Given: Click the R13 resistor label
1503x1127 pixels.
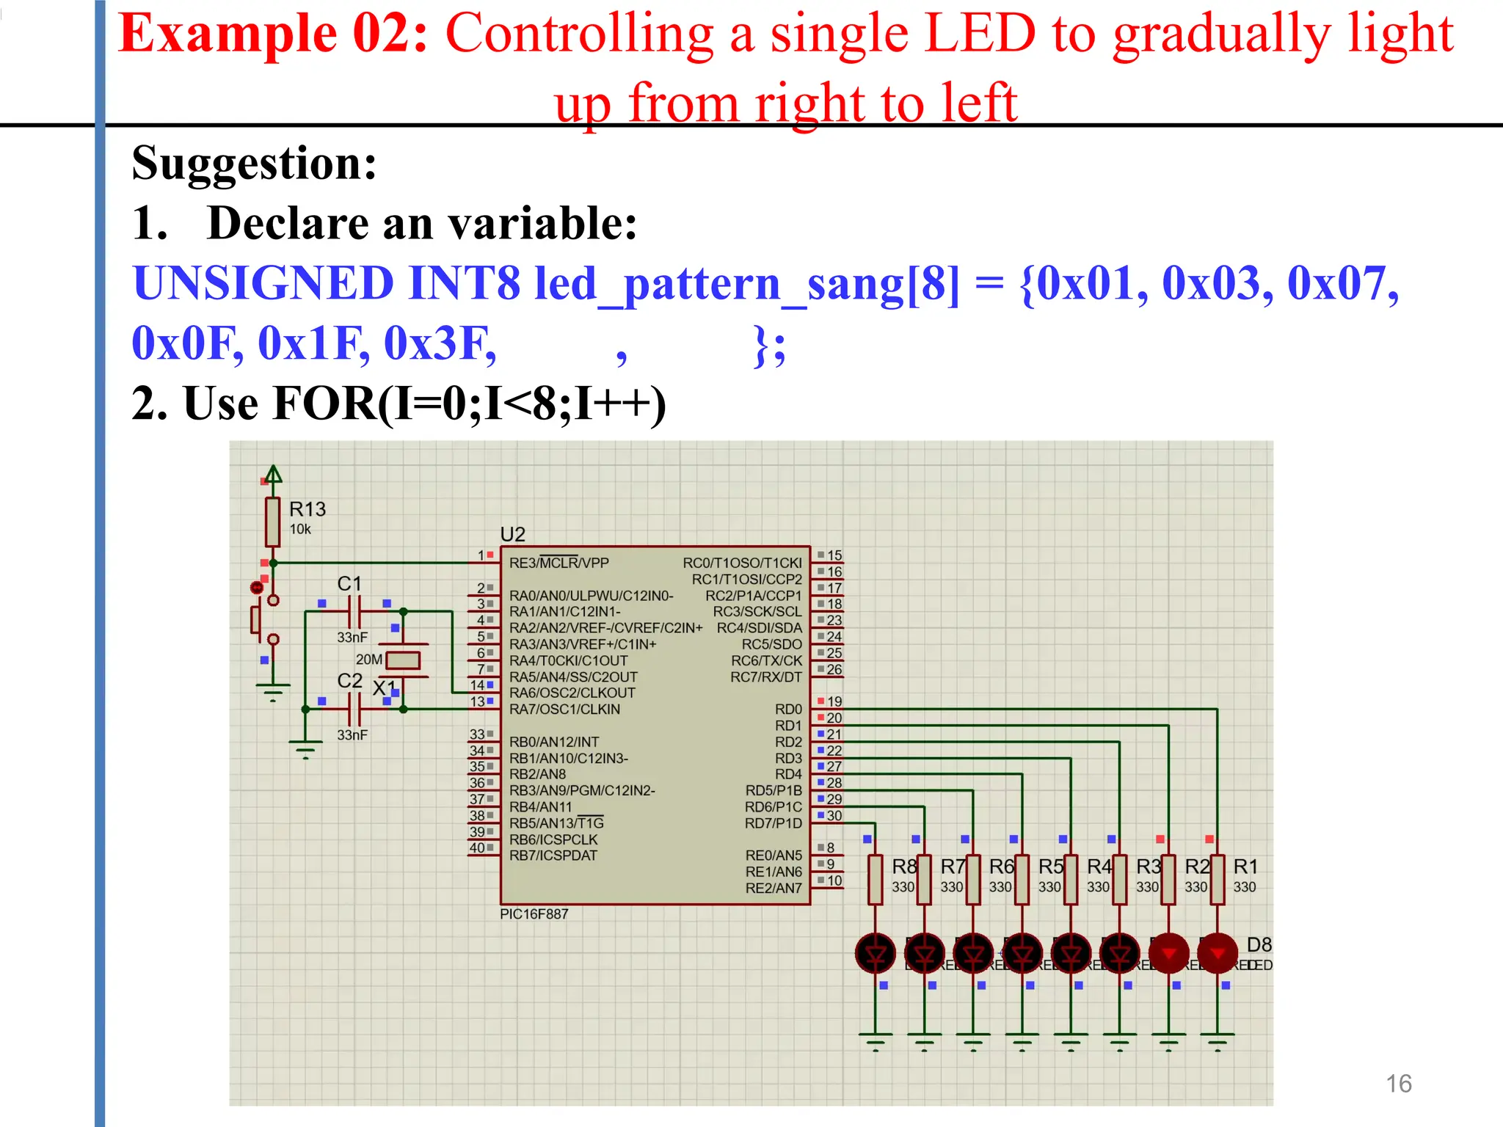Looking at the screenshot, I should [x=307, y=509].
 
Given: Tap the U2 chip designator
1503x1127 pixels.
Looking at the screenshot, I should [x=512, y=534].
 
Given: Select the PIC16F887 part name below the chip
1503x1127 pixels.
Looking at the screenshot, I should [x=534, y=914].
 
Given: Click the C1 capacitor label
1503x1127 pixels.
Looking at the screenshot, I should [x=349, y=584].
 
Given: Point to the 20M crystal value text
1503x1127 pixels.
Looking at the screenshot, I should [x=368, y=660].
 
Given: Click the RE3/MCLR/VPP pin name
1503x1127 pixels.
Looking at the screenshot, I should [x=558, y=563].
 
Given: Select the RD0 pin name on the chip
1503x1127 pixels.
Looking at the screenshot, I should [x=788, y=710].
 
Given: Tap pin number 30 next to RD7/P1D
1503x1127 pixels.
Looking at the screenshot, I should [x=834, y=816].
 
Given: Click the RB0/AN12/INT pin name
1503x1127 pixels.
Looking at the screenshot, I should [x=553, y=743].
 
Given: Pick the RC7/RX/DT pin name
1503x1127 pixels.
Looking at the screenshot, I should [x=765, y=677].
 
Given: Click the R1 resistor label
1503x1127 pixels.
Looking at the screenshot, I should [x=1245, y=867].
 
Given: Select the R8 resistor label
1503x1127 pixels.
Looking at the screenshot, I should [x=903, y=867].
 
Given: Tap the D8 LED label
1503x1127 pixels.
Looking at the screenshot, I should [x=1259, y=944].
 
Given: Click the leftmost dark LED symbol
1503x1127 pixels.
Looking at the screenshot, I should [x=876, y=954].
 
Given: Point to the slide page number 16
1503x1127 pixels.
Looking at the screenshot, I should [x=1398, y=1084].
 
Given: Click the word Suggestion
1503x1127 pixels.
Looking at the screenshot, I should [x=254, y=163].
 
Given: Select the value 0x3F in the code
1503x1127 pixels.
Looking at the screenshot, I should [x=440, y=343].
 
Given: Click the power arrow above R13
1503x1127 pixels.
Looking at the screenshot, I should [x=273, y=475].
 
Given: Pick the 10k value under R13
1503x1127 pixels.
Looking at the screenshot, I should [x=299, y=530].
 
